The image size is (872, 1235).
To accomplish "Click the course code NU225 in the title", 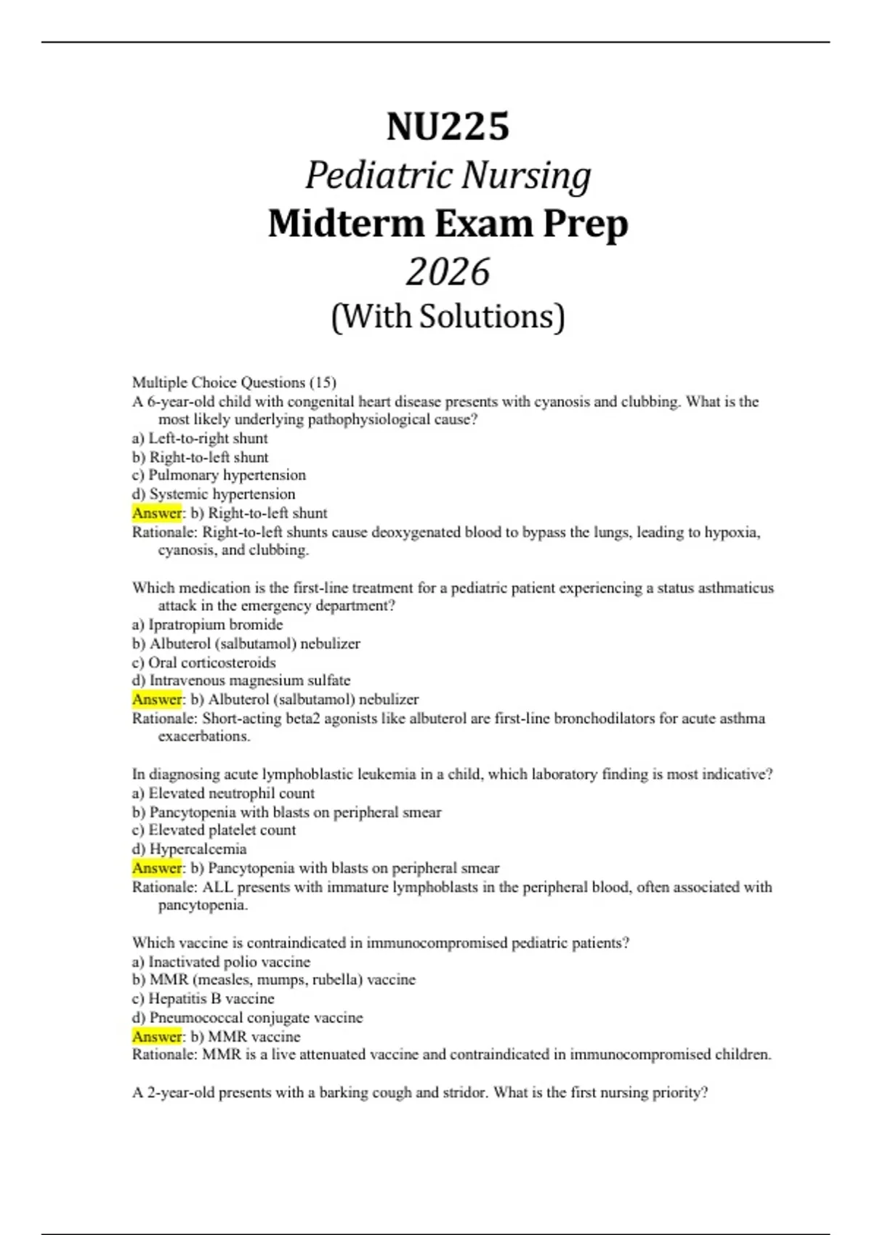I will [448, 127].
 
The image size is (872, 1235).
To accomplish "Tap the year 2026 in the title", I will [448, 272].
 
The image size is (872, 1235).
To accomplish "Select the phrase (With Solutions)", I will [448, 317].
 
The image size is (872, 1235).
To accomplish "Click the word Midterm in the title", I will [346, 224].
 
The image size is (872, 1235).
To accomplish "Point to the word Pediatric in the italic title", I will [378, 176].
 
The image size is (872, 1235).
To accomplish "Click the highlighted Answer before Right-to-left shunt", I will [157, 513].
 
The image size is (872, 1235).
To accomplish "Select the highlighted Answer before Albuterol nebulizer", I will [157, 700].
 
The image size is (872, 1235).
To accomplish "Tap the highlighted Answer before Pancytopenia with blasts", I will [157, 868].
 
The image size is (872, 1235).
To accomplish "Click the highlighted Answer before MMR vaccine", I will [157, 1037].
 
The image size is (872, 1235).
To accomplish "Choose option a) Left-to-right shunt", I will [200, 438].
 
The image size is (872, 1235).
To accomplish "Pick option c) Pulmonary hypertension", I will [219, 475].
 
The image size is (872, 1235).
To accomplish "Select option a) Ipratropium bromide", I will [207, 625].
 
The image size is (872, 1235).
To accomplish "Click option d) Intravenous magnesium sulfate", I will [241, 681].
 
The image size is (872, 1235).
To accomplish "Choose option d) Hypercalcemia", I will [189, 849].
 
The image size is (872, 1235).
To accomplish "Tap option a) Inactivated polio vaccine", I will [221, 962].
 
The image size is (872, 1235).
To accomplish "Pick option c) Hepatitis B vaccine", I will [203, 999].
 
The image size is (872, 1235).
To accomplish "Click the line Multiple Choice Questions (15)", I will [234, 382].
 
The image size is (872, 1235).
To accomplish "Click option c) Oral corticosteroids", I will [204, 663].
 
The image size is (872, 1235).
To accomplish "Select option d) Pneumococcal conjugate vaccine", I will [247, 1018].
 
